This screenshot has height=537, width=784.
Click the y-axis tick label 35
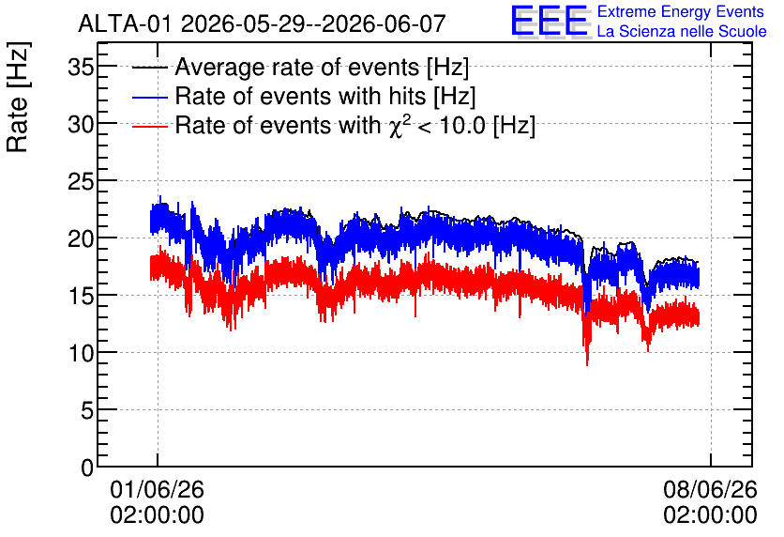81,67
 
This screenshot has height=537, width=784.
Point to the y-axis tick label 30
81,124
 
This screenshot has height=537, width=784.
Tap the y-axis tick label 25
81,181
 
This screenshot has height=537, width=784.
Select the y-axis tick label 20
81,238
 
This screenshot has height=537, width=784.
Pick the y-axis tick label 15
81,296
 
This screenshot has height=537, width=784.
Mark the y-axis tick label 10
81,353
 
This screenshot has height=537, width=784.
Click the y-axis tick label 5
87,410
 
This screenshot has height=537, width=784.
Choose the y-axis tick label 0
87,468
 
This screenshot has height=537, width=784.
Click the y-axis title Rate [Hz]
18,97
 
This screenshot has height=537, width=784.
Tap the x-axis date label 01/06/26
157,489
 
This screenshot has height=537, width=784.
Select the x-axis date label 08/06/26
711,489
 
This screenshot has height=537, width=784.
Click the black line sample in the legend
149,68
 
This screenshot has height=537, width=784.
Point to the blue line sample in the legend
149,97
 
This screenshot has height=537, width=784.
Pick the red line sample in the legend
149,126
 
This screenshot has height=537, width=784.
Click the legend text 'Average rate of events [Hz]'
322,67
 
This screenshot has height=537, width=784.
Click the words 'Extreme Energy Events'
681,11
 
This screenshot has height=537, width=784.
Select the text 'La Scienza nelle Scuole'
682,31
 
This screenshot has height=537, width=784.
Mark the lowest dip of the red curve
587,364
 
